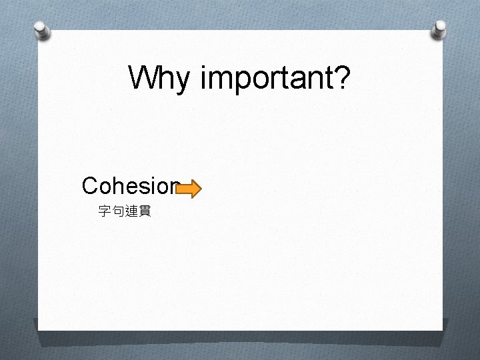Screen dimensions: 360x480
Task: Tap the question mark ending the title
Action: pyautogui.click(x=341, y=77)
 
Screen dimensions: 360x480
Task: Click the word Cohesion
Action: pyautogui.click(x=131, y=185)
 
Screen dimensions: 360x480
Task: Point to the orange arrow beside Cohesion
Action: pyautogui.click(x=188, y=189)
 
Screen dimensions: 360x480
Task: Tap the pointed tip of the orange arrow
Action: pyautogui.click(x=200, y=189)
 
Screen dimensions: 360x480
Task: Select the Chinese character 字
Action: pyautogui.click(x=105, y=211)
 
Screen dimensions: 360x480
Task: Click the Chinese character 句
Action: pyautogui.click(x=118, y=211)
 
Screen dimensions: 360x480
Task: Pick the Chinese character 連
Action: pyautogui.click(x=131, y=211)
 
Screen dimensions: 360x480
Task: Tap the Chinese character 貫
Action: pyautogui.click(x=145, y=211)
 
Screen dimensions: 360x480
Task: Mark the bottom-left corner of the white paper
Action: pyautogui.click(x=38, y=330)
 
